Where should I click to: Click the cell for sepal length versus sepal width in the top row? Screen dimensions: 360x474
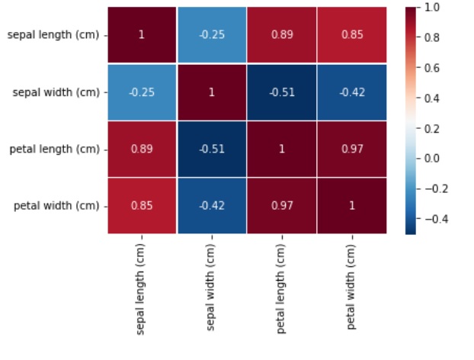211,35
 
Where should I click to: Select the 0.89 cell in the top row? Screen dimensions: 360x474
281,35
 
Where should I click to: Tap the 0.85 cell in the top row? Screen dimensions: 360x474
351,35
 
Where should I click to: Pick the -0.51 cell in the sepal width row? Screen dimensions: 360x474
281,92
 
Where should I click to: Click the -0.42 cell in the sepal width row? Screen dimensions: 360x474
351,92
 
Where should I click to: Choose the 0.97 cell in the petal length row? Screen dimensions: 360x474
351,149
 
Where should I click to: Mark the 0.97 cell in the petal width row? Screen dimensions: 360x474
281,206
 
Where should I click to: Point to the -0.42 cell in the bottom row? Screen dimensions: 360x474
211,206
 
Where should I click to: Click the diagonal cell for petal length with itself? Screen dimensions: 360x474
281,149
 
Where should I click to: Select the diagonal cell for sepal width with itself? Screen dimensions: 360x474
211,92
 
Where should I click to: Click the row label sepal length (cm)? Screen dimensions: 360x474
53,35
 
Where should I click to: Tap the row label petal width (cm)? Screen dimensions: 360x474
56,206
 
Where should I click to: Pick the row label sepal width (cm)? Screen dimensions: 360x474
56,92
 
